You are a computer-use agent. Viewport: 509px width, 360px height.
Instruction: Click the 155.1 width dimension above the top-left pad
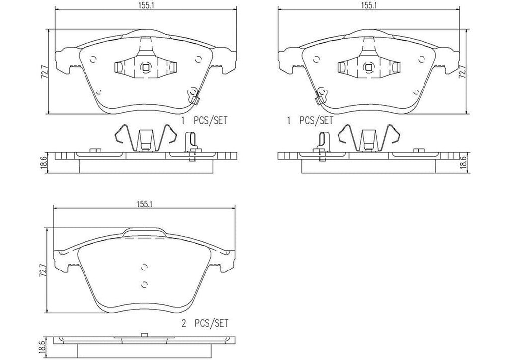(145, 5)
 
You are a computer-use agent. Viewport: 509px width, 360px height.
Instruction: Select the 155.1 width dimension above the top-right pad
(368, 5)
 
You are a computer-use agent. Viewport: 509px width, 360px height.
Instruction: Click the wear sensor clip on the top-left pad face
(193, 95)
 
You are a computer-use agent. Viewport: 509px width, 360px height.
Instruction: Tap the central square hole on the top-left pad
(145, 68)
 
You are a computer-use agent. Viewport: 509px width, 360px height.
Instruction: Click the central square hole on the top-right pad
(368, 68)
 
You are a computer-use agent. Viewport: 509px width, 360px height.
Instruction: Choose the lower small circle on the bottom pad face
(145, 284)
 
